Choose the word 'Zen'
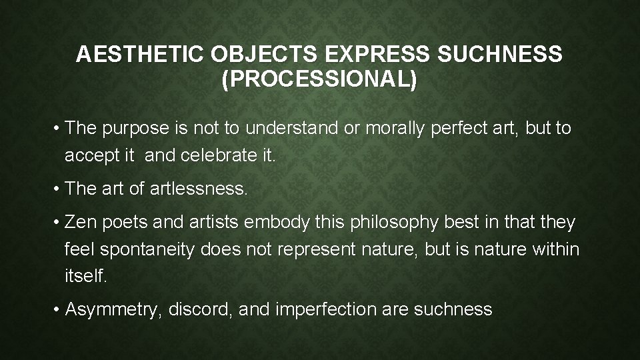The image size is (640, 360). click(x=81, y=222)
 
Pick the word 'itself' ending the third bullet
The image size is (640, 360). click(x=85, y=275)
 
